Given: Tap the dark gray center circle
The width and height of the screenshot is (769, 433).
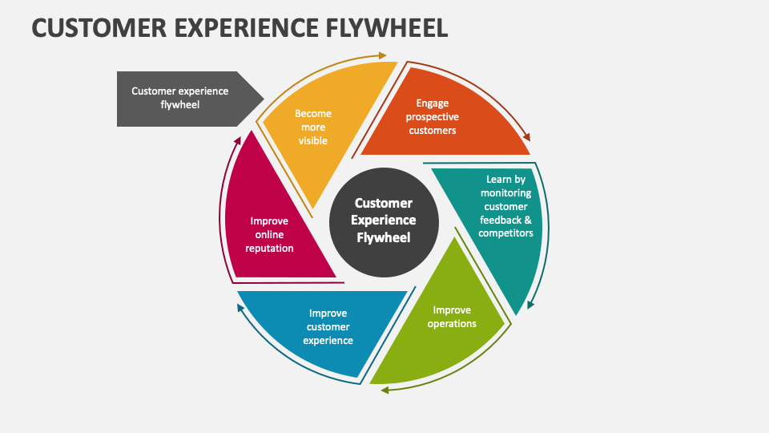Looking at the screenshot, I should (384, 221).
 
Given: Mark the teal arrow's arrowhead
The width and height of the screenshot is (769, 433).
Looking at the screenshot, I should (530, 306).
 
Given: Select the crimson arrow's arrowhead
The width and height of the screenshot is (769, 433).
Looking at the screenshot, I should (237, 138).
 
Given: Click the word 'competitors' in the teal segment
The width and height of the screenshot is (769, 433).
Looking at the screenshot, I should (505, 233).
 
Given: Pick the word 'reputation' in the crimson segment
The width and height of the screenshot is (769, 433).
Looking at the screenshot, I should (269, 249).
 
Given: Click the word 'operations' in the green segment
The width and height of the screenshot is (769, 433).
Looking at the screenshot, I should (452, 323).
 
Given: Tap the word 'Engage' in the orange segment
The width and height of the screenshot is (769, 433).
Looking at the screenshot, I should (433, 103).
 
